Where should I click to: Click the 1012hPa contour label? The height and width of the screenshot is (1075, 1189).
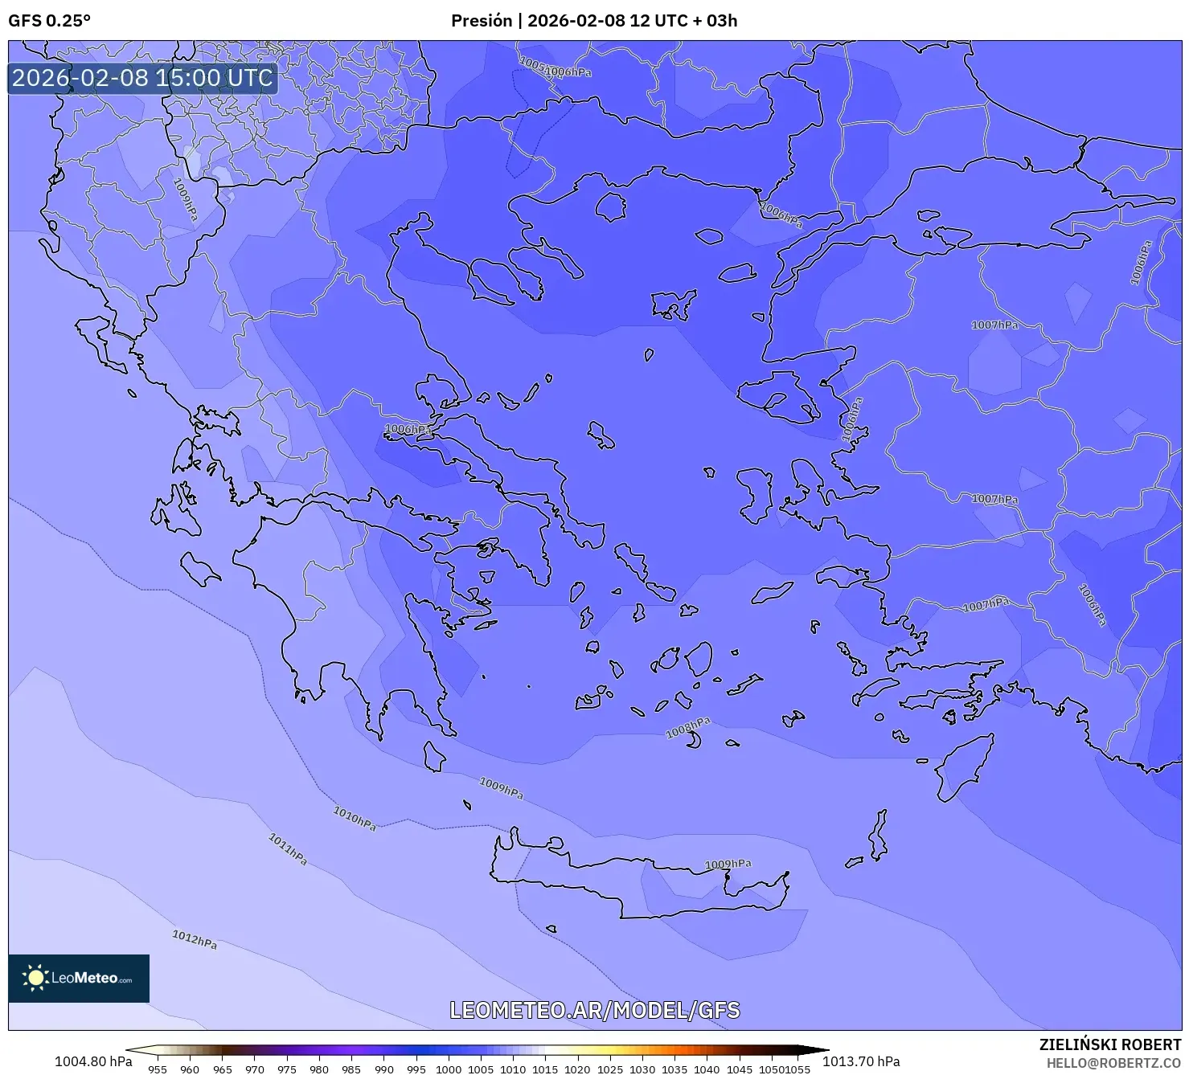[x=195, y=939]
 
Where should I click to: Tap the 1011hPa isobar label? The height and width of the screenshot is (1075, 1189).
[x=288, y=849]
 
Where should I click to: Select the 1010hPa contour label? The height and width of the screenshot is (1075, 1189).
[x=355, y=819]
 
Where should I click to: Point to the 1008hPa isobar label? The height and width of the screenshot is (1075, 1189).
[x=688, y=728]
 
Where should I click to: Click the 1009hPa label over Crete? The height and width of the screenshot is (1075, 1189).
[x=728, y=864]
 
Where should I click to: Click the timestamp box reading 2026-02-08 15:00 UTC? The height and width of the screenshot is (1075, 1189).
[x=142, y=78]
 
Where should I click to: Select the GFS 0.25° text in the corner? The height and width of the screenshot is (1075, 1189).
[x=49, y=21]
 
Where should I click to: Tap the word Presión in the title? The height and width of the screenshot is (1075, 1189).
[x=481, y=21]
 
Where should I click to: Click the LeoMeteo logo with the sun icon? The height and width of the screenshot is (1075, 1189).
[x=79, y=978]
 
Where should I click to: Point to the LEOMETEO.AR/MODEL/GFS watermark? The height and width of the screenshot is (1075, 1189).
[x=594, y=1010]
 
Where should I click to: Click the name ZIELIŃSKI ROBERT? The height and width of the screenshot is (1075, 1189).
[x=1109, y=1044]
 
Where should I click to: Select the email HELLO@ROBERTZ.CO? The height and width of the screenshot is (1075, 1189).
[x=1113, y=1063]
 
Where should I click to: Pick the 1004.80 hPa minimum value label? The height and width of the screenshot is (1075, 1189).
[x=93, y=1061]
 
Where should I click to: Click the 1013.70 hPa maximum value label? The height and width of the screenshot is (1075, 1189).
[x=861, y=1061]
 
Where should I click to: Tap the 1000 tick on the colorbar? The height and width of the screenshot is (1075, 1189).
[x=449, y=1069]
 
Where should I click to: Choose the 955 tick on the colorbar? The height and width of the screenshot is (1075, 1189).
[x=158, y=1069]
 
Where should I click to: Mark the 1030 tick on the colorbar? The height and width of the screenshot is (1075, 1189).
[x=642, y=1069]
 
